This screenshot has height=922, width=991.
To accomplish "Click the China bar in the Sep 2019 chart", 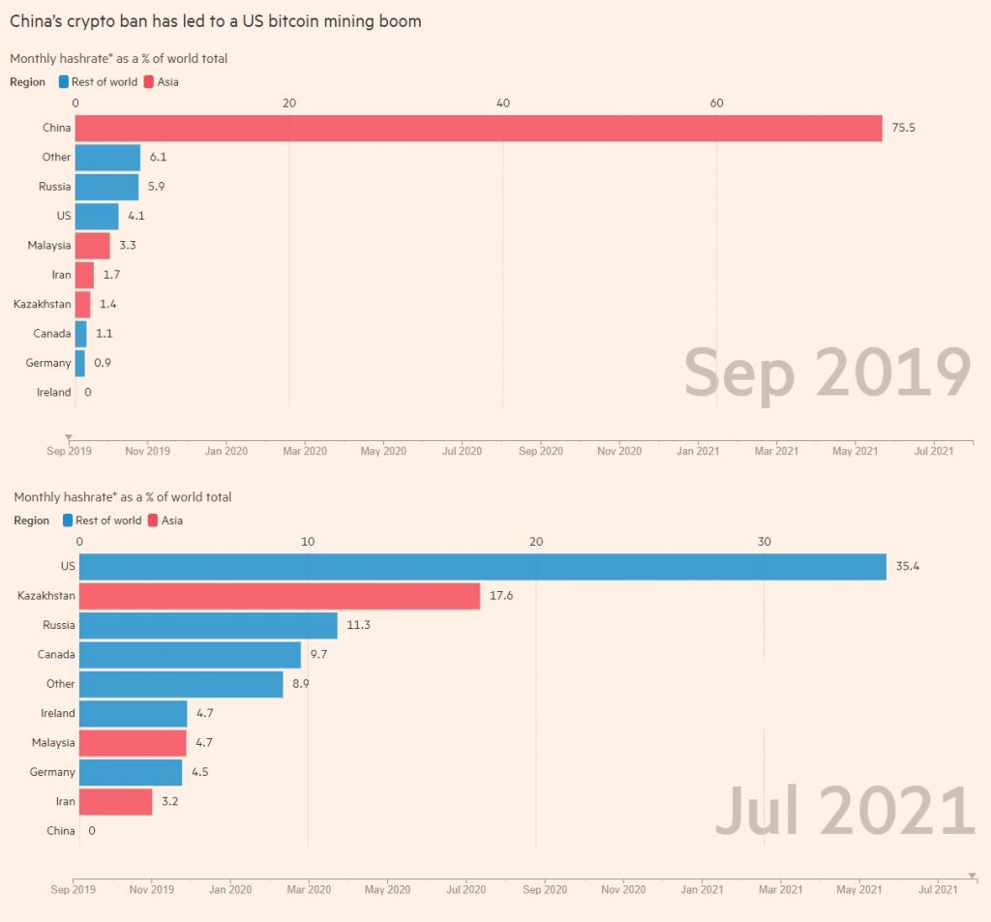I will click(478, 128).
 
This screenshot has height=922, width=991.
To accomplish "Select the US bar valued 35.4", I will click(482, 566).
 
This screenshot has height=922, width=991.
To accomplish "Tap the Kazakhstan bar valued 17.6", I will click(279, 596).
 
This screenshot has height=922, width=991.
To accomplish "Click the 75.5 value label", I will click(902, 128).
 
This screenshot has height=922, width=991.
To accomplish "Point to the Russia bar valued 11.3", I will click(208, 625).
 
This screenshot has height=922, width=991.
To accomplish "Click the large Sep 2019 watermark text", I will click(826, 372).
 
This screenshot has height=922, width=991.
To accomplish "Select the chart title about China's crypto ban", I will click(215, 20).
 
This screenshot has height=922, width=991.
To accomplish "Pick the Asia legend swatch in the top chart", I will click(150, 82).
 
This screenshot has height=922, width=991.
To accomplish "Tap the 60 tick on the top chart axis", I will click(716, 104).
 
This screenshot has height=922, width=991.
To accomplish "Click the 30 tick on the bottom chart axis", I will click(765, 542).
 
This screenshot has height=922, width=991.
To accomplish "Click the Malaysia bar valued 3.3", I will click(92, 245).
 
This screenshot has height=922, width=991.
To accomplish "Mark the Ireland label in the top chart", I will click(53, 392).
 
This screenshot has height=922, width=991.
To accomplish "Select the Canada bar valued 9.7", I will click(190, 655).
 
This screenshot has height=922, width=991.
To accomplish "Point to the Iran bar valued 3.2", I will click(115, 801).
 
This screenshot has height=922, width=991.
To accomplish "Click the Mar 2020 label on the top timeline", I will click(304, 451).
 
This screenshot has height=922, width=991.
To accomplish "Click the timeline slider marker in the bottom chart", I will click(972, 875).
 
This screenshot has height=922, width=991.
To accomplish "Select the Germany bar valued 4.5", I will click(131, 772).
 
